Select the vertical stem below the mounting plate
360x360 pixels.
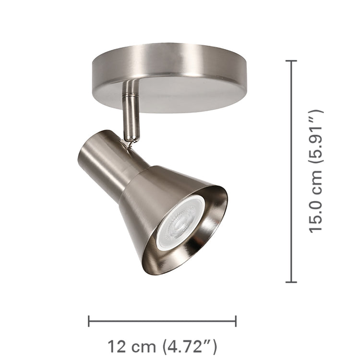coord(131,115)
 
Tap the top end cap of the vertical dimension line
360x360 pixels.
coord(291,61)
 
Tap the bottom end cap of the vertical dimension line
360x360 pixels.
coord(291,282)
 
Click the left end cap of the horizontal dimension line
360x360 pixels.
coord(89,321)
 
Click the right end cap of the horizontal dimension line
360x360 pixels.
coord(236,321)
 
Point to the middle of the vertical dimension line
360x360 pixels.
coord(291,171)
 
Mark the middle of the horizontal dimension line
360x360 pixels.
coord(162,321)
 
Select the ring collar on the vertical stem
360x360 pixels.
coord(130,96)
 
